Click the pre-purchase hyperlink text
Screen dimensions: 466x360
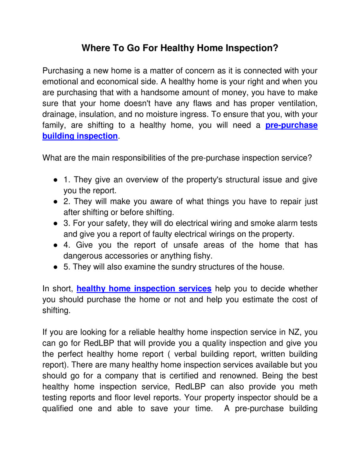tap(291, 125)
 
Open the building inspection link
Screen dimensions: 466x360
tap(80, 136)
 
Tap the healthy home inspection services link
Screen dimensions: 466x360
tap(144, 288)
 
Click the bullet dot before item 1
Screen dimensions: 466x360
tap(55, 180)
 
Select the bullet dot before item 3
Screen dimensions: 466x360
tap(55, 223)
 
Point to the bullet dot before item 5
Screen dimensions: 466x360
tap(55, 267)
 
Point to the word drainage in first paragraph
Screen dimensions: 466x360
tap(58, 114)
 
